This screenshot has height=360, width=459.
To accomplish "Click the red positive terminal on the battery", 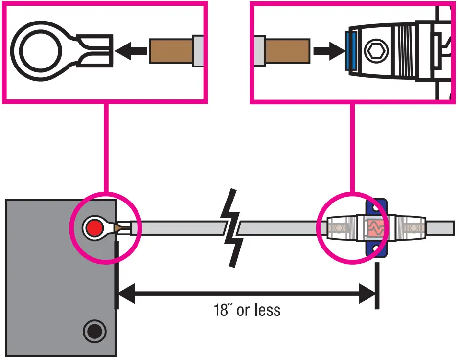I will pyautogui.click(x=93, y=227).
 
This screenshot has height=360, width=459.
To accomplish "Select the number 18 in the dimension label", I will pyautogui.click(x=221, y=310).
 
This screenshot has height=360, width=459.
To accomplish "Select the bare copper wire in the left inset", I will pyautogui.click(x=171, y=50).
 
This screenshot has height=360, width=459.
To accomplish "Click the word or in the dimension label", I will pyautogui.click(x=243, y=311).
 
